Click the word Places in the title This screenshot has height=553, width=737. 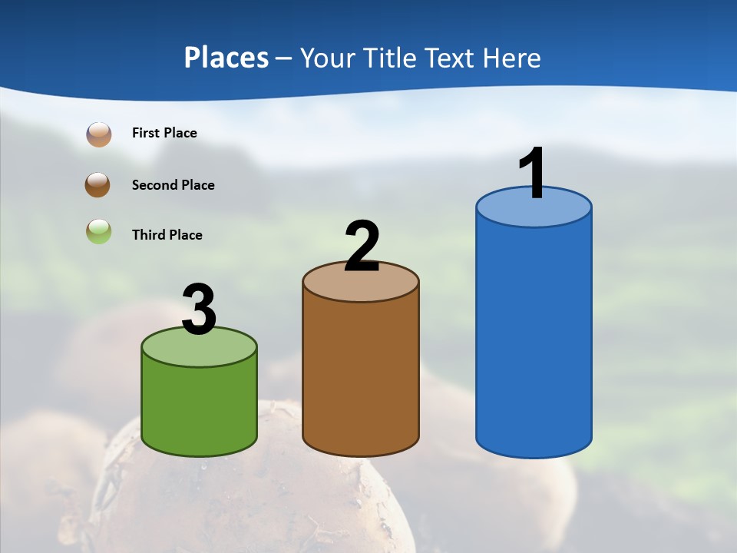(x=226, y=58)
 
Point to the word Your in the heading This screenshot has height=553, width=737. (x=328, y=58)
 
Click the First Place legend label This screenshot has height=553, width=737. (x=164, y=133)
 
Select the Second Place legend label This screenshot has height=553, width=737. (x=173, y=185)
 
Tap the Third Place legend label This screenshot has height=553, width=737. (x=167, y=235)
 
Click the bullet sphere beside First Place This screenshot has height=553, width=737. (x=99, y=134)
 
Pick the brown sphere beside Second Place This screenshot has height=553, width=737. (x=98, y=184)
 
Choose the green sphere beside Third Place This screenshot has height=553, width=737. (x=99, y=231)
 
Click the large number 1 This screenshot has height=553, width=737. (x=532, y=174)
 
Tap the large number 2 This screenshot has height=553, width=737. (x=362, y=247)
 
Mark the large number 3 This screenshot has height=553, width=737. (x=200, y=310)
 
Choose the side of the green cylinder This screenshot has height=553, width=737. (x=200, y=407)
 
